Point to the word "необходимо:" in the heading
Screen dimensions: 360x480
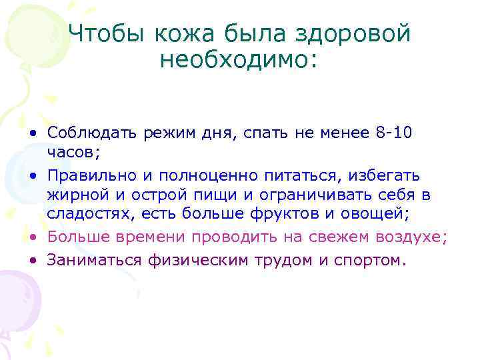pyautogui.click(x=239, y=61)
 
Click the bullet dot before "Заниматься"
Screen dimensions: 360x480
pyautogui.click(x=31, y=259)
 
